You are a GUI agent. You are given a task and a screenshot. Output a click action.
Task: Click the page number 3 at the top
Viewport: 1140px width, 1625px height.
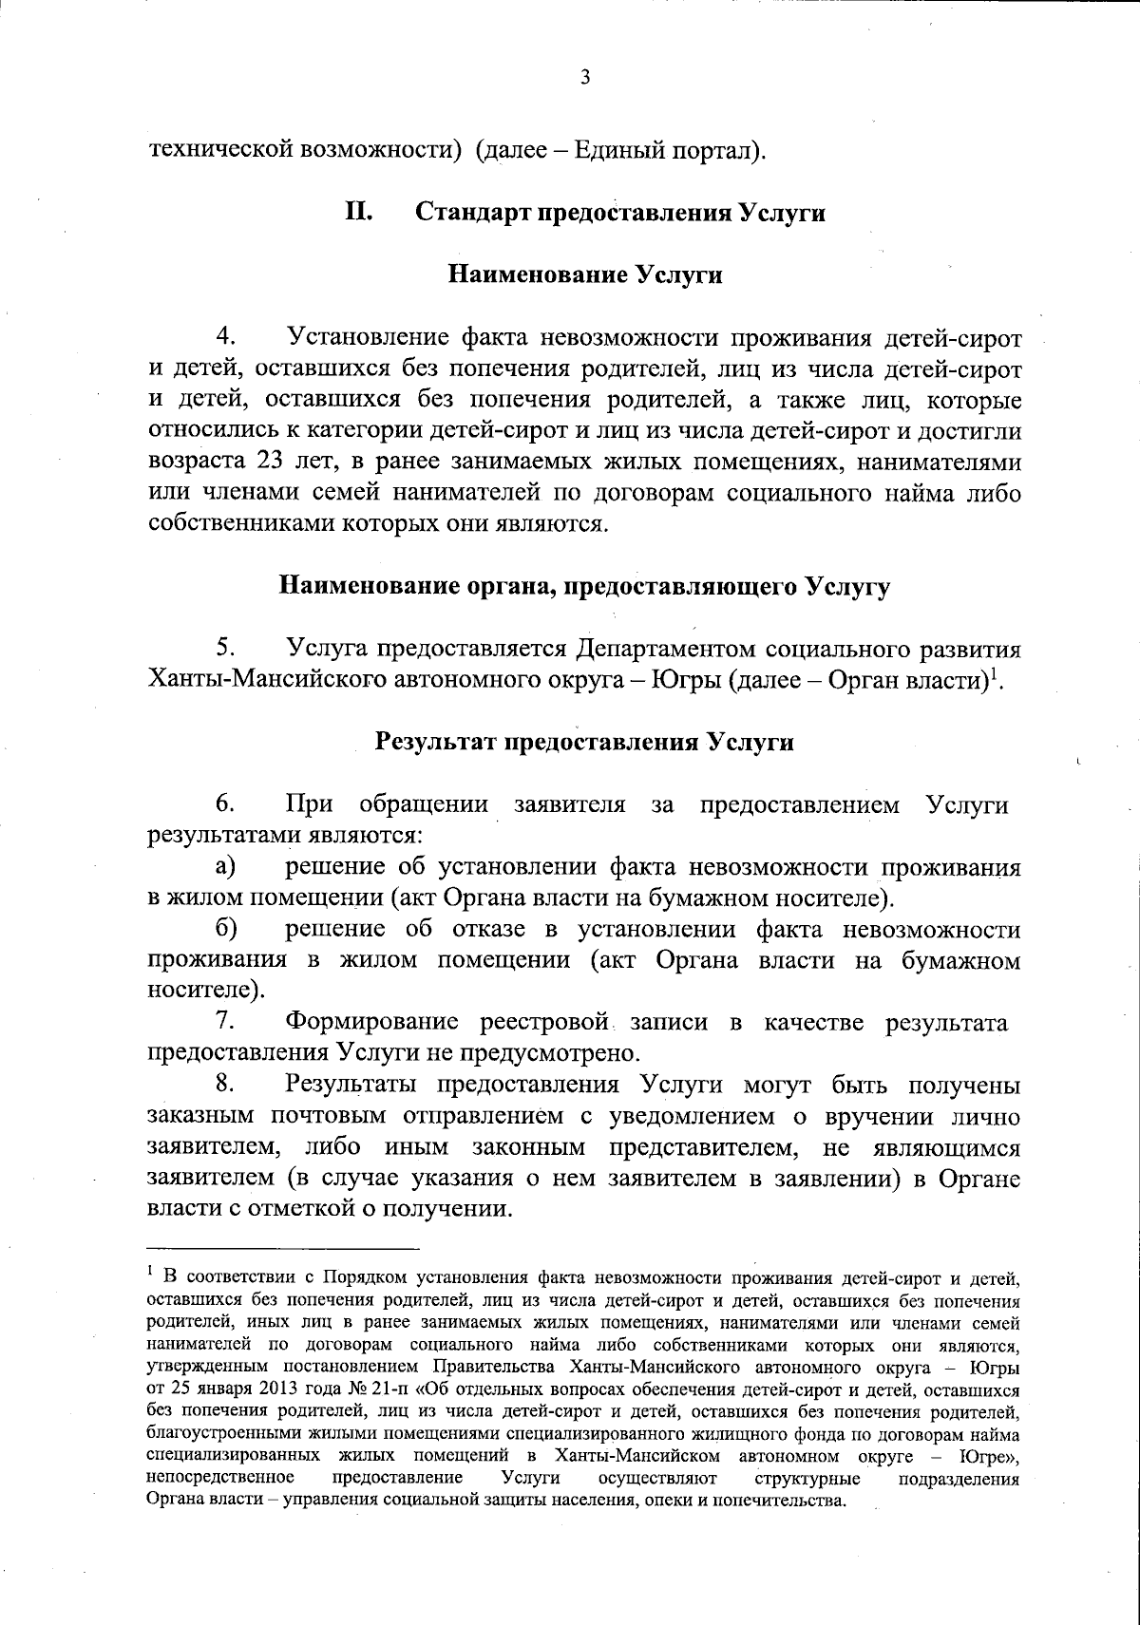pos(585,77)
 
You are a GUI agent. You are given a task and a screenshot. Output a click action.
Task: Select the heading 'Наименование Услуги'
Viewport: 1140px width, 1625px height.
pos(584,275)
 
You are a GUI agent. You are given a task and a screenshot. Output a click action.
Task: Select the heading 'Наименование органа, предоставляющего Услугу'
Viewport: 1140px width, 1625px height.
pos(584,586)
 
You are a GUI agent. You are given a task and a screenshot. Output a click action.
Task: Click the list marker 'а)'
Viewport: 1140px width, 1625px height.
pos(225,866)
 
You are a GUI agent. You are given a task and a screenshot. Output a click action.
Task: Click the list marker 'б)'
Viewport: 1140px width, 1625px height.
pos(225,929)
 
